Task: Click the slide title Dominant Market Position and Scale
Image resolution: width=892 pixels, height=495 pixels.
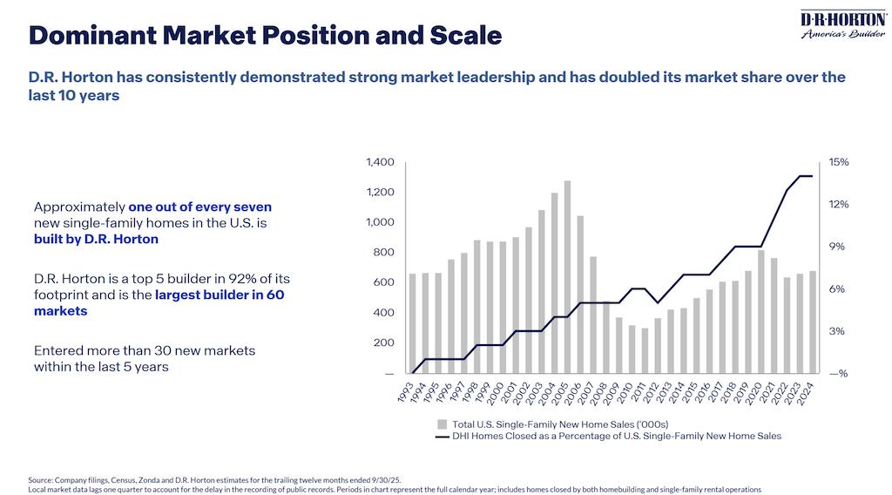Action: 265,36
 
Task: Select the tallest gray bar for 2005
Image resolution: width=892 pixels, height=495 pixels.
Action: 567,277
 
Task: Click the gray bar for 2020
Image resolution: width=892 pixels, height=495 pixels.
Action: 760,312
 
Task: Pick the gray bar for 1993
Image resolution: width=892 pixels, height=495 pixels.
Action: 413,323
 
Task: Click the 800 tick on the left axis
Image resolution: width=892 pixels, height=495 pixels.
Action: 385,253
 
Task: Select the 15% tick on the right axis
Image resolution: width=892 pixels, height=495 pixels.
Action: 839,162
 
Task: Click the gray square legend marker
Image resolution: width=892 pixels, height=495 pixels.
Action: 442,423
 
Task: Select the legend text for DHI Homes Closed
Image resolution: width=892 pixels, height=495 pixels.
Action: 617,435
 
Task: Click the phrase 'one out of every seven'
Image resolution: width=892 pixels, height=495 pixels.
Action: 199,207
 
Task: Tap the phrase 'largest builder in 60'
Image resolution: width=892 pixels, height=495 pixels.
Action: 220,295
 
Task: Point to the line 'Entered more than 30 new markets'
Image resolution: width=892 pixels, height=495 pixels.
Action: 144,350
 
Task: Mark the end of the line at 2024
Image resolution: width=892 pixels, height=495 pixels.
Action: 812,176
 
